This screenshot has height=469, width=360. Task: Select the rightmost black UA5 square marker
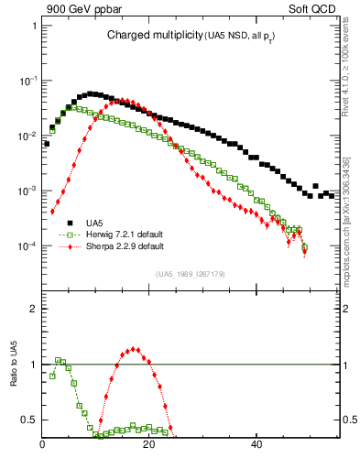tap(331, 195)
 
